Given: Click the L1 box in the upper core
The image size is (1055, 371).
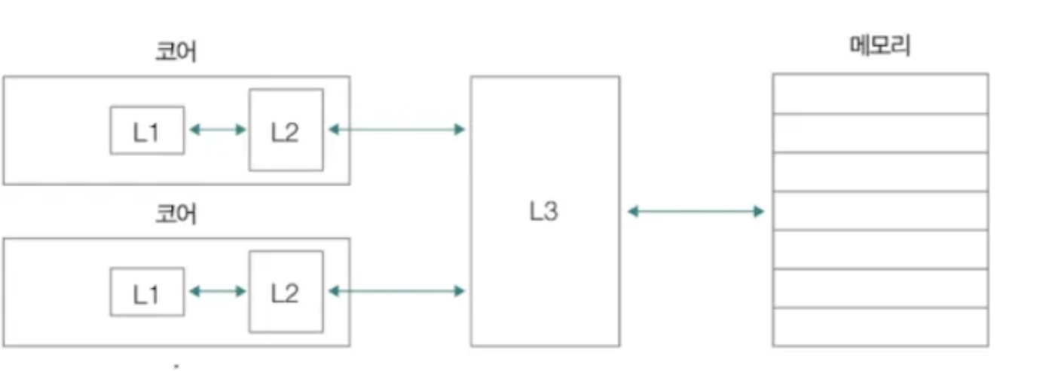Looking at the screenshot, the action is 147,130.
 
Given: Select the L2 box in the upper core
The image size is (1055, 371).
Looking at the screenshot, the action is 286,130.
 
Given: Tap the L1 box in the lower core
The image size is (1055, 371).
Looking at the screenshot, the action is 147,292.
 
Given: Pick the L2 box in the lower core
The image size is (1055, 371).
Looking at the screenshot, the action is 286,292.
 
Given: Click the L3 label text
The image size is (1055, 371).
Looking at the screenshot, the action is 543,212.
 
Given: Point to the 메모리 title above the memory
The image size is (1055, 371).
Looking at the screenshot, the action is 879,47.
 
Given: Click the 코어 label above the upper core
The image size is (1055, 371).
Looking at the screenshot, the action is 176,53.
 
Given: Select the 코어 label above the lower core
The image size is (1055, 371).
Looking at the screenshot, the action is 176,214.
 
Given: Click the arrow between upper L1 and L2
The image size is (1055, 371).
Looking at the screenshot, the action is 217,130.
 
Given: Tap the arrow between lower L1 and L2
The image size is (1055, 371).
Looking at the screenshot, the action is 217,291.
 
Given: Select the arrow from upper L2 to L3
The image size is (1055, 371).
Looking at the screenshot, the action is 396,130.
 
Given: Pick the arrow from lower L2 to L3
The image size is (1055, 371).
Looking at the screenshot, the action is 396,291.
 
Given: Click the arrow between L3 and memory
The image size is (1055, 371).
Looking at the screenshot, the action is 696,212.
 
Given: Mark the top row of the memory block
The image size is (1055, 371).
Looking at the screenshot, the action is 880,94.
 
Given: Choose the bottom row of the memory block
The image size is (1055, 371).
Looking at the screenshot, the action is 880,327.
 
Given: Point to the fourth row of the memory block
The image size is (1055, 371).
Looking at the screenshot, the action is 880,210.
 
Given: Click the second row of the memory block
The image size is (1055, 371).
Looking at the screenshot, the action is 880,133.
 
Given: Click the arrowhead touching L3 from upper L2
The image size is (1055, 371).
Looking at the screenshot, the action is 460,130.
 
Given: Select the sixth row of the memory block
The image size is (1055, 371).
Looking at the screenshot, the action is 880,288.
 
